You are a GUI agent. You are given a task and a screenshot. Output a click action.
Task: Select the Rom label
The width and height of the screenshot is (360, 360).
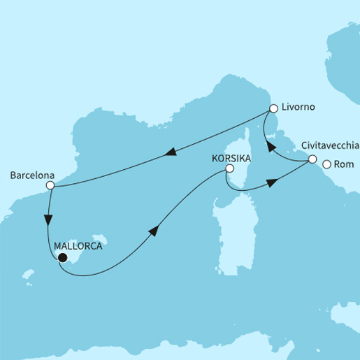tap(345, 165)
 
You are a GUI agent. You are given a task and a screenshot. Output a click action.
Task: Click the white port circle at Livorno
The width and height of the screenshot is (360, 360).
tap(274, 109)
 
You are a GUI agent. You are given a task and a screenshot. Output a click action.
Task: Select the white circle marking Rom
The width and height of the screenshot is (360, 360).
tap(326, 165)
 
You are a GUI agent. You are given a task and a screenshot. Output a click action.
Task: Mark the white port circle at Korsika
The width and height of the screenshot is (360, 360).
tap(229, 168)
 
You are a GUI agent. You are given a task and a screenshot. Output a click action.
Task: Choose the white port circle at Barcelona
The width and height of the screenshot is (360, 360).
tap(50, 186)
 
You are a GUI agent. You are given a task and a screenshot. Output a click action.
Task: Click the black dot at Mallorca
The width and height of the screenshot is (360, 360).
tap(62, 258)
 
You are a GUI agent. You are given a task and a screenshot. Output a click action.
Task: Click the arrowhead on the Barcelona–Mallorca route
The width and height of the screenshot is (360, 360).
tap(47, 219)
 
